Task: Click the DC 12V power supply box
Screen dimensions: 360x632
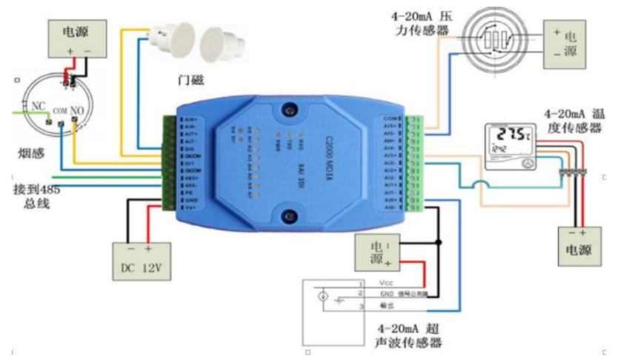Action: tap(141, 261)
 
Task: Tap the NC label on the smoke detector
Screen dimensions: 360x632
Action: tap(38, 107)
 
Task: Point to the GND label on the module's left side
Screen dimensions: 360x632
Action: tap(192, 200)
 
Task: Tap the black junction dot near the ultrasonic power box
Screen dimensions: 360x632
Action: tap(438, 242)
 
